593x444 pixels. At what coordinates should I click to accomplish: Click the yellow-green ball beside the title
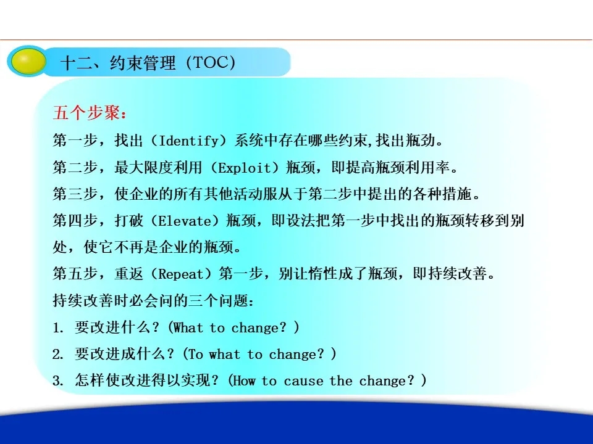pos(27,61)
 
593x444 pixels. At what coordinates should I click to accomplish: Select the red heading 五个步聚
pos(86,113)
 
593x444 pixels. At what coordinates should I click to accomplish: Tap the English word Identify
pos(189,141)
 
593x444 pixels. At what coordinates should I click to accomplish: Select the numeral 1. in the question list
pos(58,327)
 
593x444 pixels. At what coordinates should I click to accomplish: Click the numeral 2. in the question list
pos(58,354)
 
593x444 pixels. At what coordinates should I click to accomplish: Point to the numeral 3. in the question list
pos(58,380)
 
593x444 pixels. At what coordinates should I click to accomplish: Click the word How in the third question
pos(243,380)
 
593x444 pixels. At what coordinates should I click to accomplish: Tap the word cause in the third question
pos(303,381)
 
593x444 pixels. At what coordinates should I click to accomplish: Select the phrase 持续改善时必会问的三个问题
pos(151,300)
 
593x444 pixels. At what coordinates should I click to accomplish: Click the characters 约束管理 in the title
pos(143,63)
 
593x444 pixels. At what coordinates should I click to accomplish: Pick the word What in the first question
pos(188,327)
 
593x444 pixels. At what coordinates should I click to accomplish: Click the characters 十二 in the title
pos(77,63)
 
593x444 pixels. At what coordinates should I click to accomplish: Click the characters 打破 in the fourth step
pos(129,221)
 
